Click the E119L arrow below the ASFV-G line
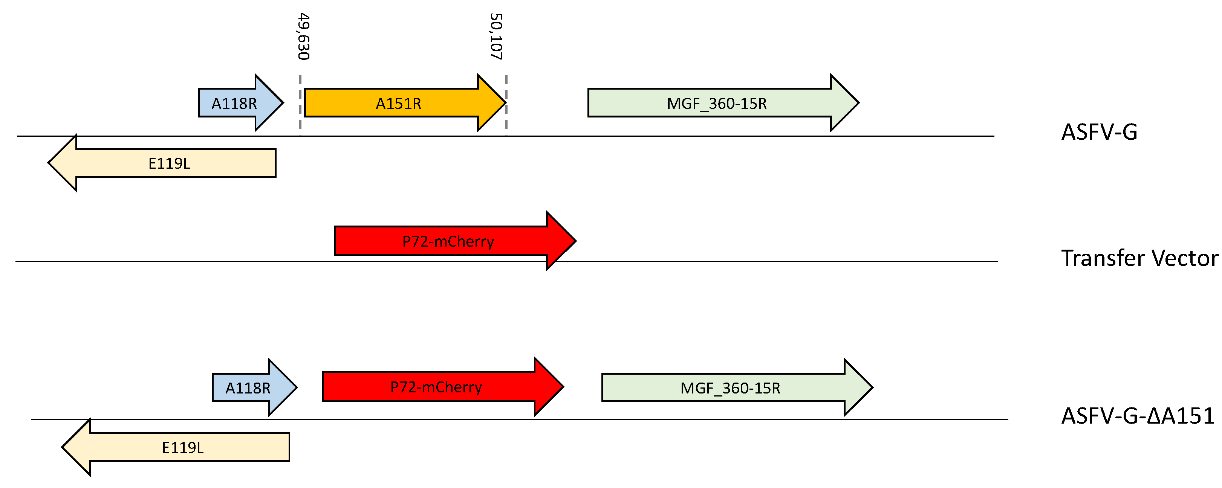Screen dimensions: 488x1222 point(171,163)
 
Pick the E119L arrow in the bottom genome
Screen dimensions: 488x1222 point(185,447)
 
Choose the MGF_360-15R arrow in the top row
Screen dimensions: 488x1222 point(716,103)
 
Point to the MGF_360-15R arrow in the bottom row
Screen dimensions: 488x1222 point(731,387)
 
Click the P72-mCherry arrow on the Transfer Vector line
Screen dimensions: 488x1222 point(448,241)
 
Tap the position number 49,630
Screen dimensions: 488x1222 point(304,37)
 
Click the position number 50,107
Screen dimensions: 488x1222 point(496,37)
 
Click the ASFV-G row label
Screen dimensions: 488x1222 point(1099,132)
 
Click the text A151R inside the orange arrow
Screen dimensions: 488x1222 point(399,104)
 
